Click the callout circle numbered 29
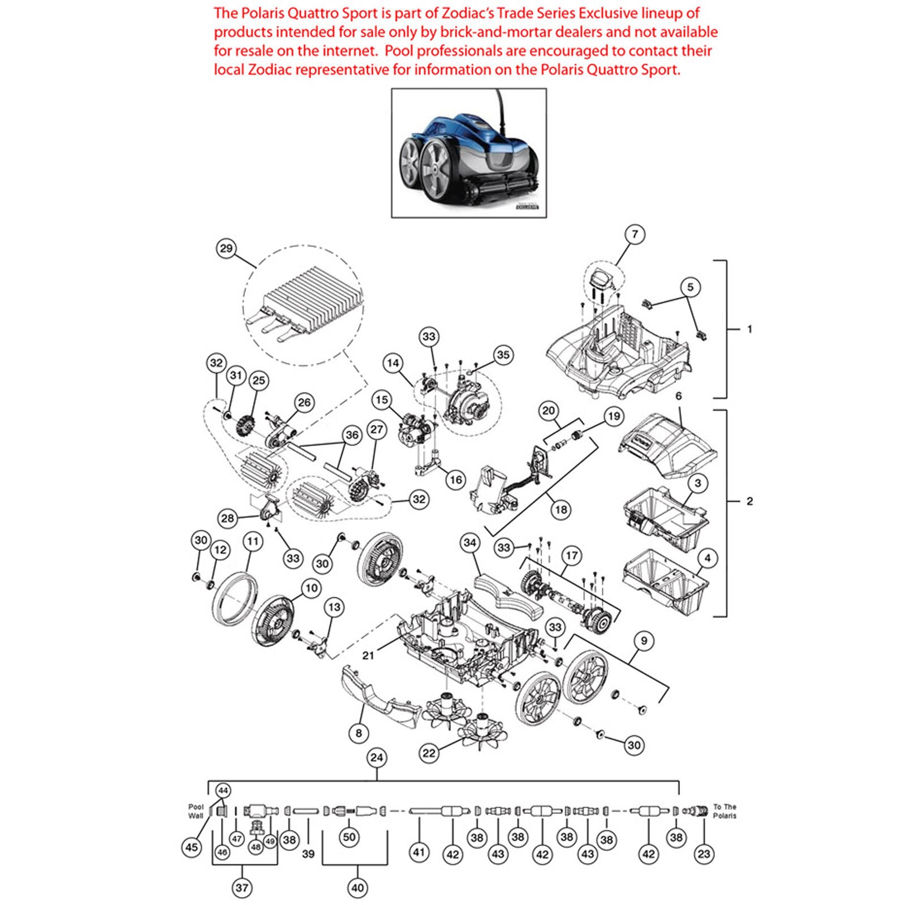click(x=226, y=248)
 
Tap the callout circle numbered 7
click(x=635, y=234)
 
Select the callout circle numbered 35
click(x=503, y=355)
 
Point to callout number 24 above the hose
click(x=377, y=757)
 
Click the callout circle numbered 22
click(x=429, y=753)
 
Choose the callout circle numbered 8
click(x=359, y=733)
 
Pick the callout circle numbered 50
click(x=350, y=837)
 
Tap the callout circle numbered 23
click(x=704, y=854)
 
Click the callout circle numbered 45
click(x=192, y=847)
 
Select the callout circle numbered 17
click(x=572, y=555)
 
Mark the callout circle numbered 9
click(x=644, y=641)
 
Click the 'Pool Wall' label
click(x=196, y=811)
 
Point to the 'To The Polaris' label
click(x=725, y=811)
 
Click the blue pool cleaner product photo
click(x=469, y=153)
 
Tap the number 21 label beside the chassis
click(x=368, y=655)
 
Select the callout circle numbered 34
click(x=470, y=543)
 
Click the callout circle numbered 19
click(x=614, y=417)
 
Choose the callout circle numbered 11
click(x=253, y=542)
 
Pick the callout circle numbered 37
click(x=242, y=887)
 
